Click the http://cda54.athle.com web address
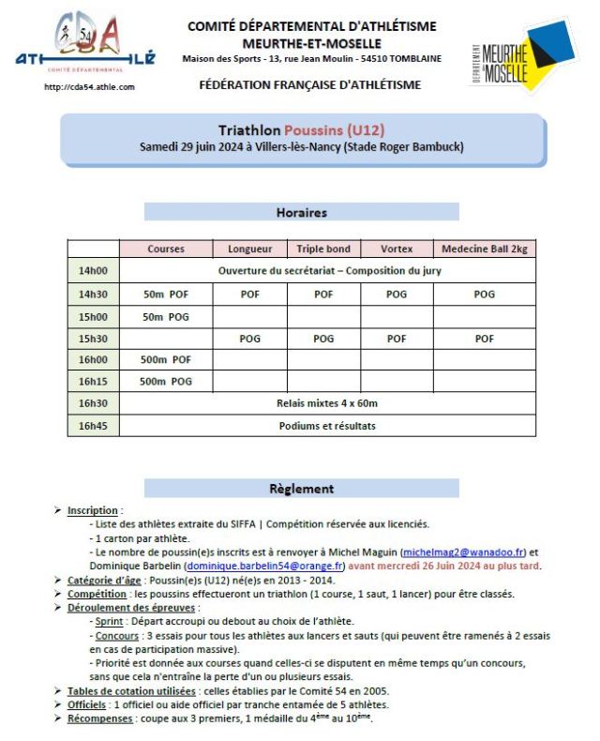pos(90,87)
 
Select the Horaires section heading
pos(301,212)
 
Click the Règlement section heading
pos(301,488)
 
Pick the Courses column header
pos(166,249)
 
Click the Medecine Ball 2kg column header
pos(485,249)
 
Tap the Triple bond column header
pos(323,249)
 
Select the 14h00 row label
pos(94,270)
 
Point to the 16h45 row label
pos(94,425)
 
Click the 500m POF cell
pos(166,359)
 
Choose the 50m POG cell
pos(166,316)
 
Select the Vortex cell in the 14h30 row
pos(397,294)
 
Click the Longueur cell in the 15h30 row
pos(250,339)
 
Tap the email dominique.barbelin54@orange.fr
pos(265,567)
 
